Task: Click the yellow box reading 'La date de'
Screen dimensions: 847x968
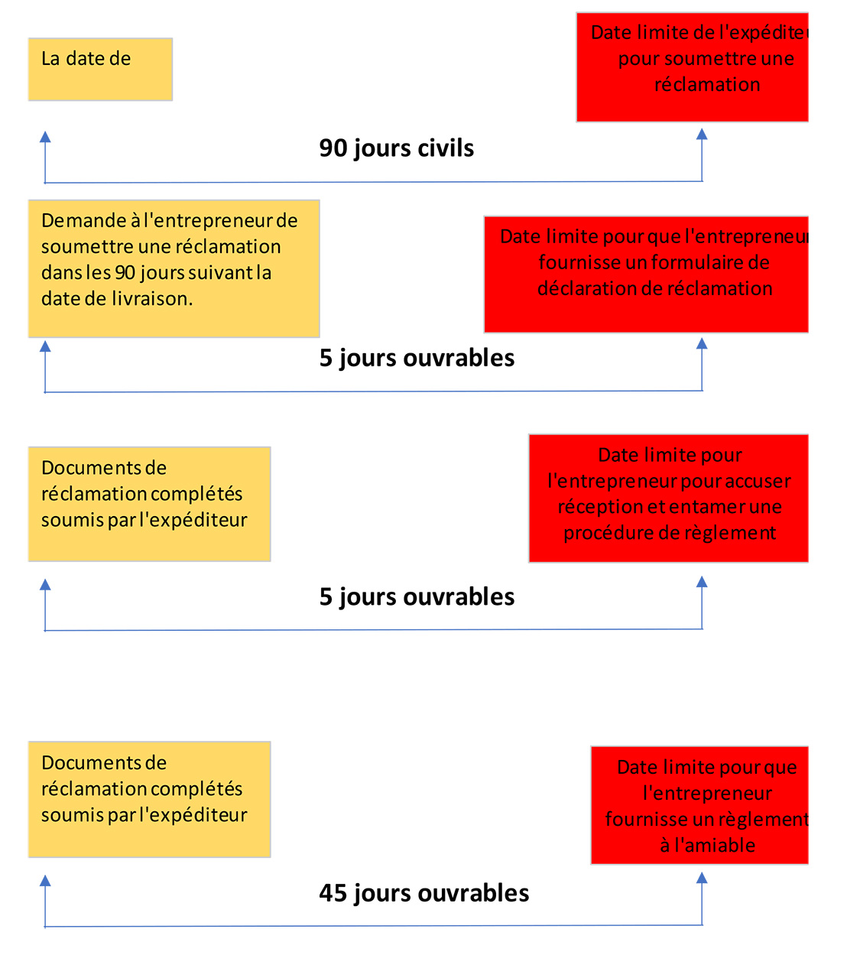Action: (x=100, y=69)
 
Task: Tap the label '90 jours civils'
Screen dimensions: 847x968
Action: (x=396, y=148)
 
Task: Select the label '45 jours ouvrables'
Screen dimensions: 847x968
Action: (x=423, y=893)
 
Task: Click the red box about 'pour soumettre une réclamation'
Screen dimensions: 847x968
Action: (x=693, y=67)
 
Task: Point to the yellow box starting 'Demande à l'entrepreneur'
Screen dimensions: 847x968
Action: (x=174, y=268)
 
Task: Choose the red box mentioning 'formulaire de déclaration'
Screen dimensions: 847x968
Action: (x=647, y=274)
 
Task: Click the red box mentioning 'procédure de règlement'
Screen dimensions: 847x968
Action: (x=669, y=499)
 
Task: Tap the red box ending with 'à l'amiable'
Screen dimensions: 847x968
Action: (x=700, y=805)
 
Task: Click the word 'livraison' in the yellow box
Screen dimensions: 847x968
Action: (x=150, y=298)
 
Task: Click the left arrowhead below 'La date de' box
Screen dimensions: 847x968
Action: (x=45, y=137)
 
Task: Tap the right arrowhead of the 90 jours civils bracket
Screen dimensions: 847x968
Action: (x=702, y=134)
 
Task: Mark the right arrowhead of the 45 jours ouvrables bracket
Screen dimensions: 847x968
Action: (x=702, y=878)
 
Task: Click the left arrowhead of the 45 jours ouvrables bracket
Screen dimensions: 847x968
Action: (x=45, y=881)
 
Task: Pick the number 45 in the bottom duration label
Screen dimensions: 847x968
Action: (x=333, y=893)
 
